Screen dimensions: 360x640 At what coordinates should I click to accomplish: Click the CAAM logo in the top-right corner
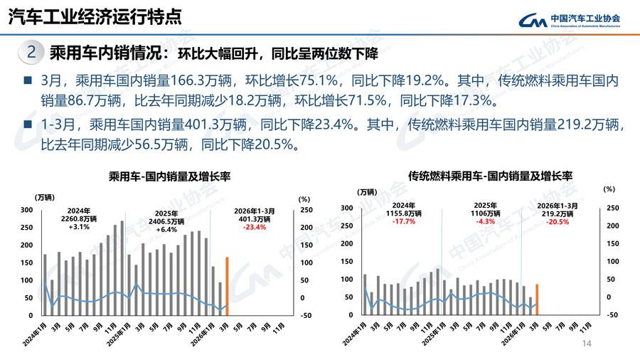(x=568, y=20)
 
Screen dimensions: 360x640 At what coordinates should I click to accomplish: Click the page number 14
(x=587, y=344)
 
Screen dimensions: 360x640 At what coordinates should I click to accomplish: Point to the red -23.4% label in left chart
(x=254, y=228)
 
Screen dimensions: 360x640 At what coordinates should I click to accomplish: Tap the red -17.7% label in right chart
(x=404, y=221)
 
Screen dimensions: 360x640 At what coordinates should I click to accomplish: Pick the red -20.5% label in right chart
(x=557, y=221)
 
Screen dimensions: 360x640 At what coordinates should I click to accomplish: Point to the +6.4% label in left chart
(x=166, y=229)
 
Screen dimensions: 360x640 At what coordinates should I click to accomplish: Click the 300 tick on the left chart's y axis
(x=26, y=210)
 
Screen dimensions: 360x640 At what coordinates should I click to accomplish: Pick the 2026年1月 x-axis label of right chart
(x=513, y=332)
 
